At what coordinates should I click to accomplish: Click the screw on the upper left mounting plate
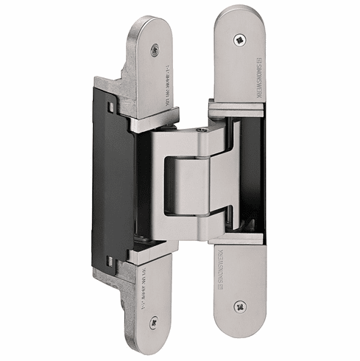pyautogui.click(x=155, y=50)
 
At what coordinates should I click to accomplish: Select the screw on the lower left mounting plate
pyautogui.click(x=154, y=321)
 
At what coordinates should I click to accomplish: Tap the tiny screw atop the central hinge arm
pyautogui.click(x=202, y=130)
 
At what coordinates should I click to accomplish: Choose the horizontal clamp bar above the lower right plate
pyautogui.click(x=236, y=237)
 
